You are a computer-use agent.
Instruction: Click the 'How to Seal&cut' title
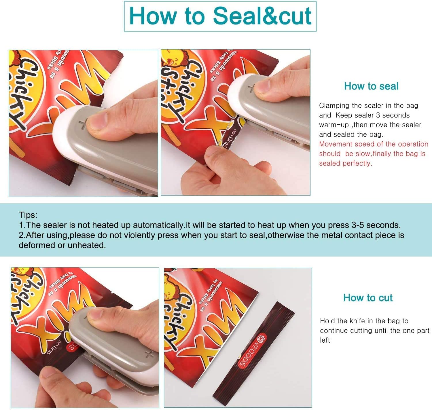pyautogui.click(x=220, y=16)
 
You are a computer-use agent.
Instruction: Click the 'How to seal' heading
pyautogui.click(x=371, y=86)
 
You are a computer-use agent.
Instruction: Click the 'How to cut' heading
pyautogui.click(x=368, y=298)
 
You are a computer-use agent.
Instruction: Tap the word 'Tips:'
pyautogui.click(x=28, y=215)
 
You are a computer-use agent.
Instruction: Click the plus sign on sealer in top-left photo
pyautogui.click(x=83, y=124)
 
